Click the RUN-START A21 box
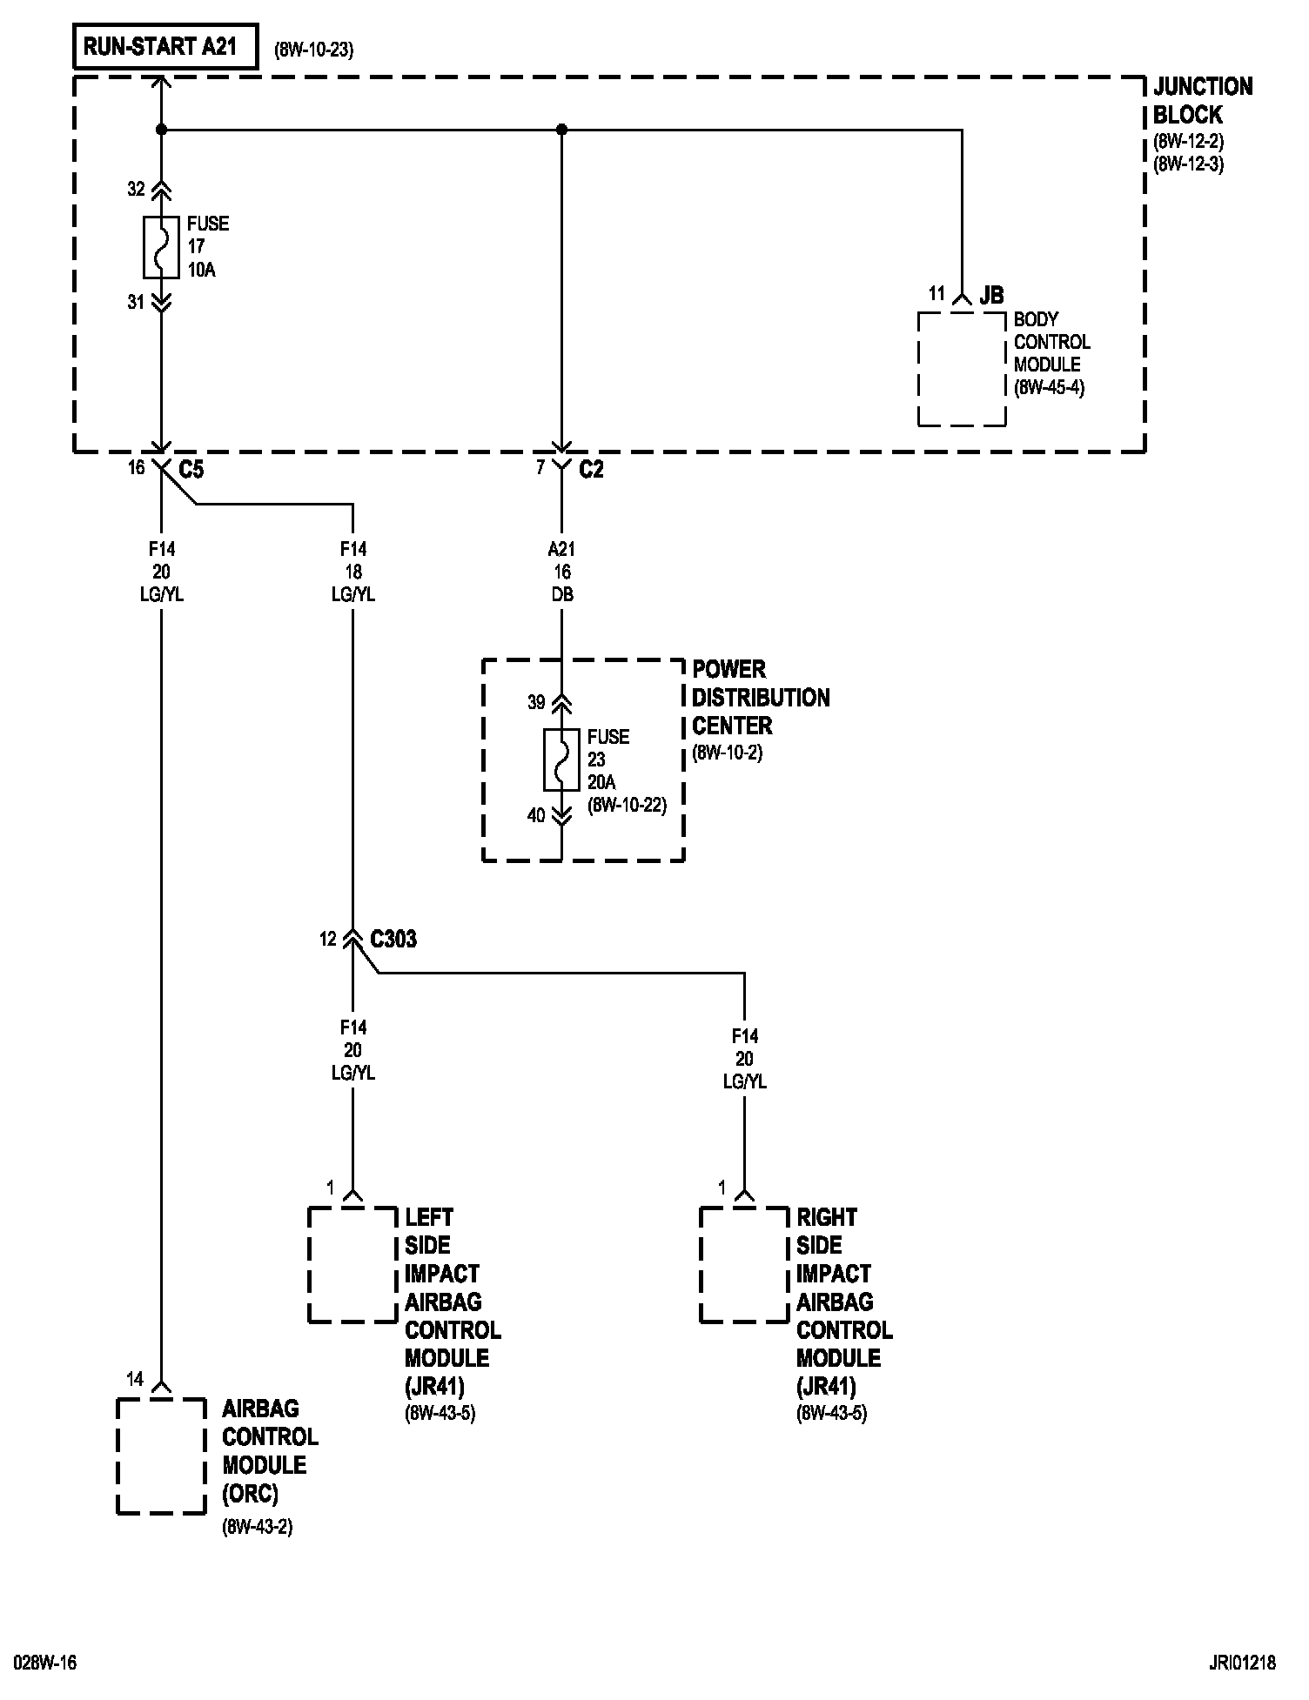166,47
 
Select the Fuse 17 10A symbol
161,246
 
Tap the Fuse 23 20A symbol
561,760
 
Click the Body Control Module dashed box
962,370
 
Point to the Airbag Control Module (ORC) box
161,1456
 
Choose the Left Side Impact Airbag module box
352,1265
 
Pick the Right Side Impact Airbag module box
744,1265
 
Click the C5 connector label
191,470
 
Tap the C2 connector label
591,470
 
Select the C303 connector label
393,940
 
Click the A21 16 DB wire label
561,572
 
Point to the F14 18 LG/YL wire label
352,572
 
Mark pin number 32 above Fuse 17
136,189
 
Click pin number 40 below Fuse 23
536,815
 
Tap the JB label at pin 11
991,296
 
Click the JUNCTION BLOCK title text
1202,100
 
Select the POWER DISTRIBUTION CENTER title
760,697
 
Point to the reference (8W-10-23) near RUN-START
313,50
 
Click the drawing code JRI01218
1241,1663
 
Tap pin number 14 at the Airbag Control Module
135,1379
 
